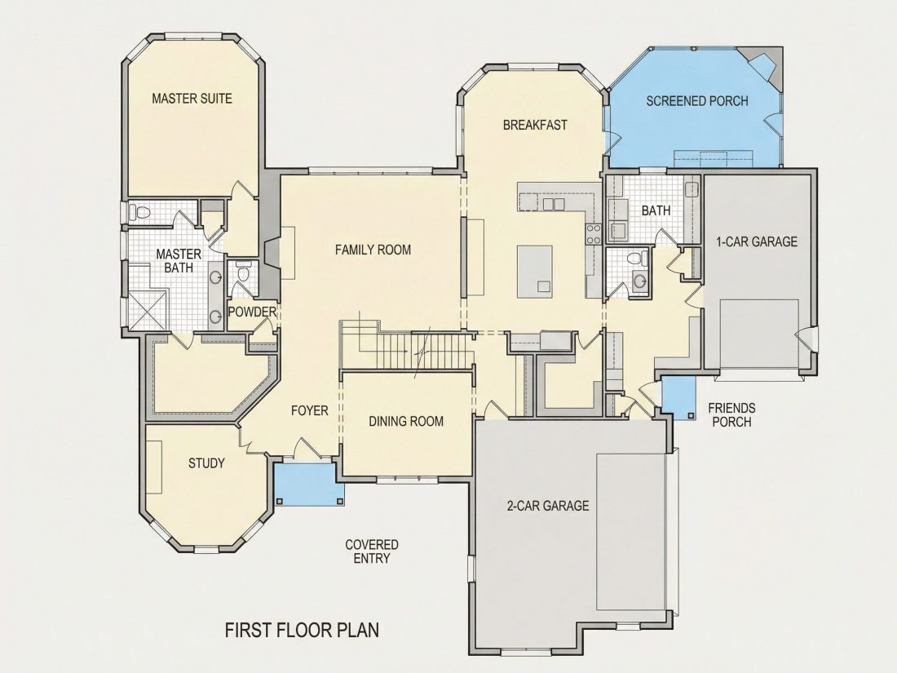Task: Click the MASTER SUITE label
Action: pos(192,99)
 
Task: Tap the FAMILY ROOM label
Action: pos(373,250)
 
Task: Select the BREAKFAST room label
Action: pos(535,125)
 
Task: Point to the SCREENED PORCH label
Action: pos(696,101)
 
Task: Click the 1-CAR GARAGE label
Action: pos(757,241)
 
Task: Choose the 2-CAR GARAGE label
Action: pos(547,506)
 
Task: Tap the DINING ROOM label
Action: pos(406,422)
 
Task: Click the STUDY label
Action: pos(206,463)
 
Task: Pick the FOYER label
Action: pos(310,411)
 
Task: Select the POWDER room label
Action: pos(252,312)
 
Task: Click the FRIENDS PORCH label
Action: pos(731,415)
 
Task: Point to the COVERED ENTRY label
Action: pos(372,551)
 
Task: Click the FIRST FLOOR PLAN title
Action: pos(302,630)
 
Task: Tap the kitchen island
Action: pos(535,272)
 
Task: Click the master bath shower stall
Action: pos(148,310)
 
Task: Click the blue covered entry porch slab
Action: pos(305,484)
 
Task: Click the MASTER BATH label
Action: pos(179,260)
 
